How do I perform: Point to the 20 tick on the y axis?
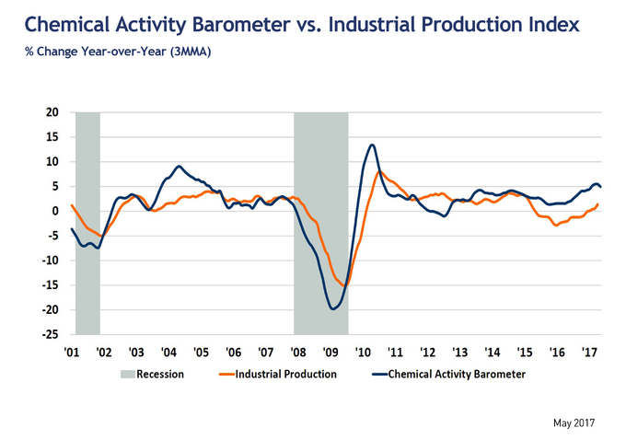point(52,112)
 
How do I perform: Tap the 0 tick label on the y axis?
point(56,212)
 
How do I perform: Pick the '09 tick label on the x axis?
point(330,352)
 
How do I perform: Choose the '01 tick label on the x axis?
point(71,352)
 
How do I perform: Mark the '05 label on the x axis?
point(201,352)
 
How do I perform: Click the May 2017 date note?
point(574,423)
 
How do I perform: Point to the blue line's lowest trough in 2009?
point(333,308)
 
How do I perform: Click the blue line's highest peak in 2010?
point(372,145)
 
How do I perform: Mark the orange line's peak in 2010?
point(379,171)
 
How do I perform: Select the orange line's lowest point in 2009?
point(344,286)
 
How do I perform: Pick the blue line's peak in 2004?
point(180,167)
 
